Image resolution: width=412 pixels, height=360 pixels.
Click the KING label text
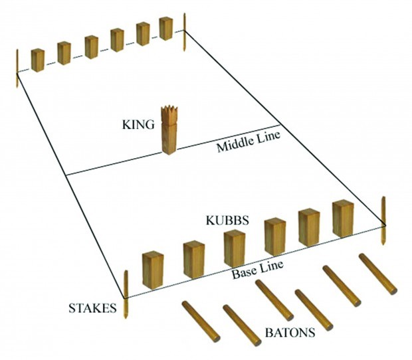click(x=138, y=124)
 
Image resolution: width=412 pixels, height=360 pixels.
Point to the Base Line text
click(x=258, y=269)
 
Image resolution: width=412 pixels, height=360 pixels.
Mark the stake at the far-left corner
click(x=17, y=68)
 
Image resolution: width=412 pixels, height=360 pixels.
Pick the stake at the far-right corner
click(x=185, y=32)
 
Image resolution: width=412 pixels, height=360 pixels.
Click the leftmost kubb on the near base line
click(x=153, y=270)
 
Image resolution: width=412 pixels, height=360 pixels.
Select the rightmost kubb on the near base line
click(x=343, y=219)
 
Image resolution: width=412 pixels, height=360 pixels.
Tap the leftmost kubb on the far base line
click(x=37, y=60)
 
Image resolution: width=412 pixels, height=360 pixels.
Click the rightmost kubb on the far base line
click(x=165, y=29)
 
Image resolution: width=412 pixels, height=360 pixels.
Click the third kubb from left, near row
click(x=234, y=248)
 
